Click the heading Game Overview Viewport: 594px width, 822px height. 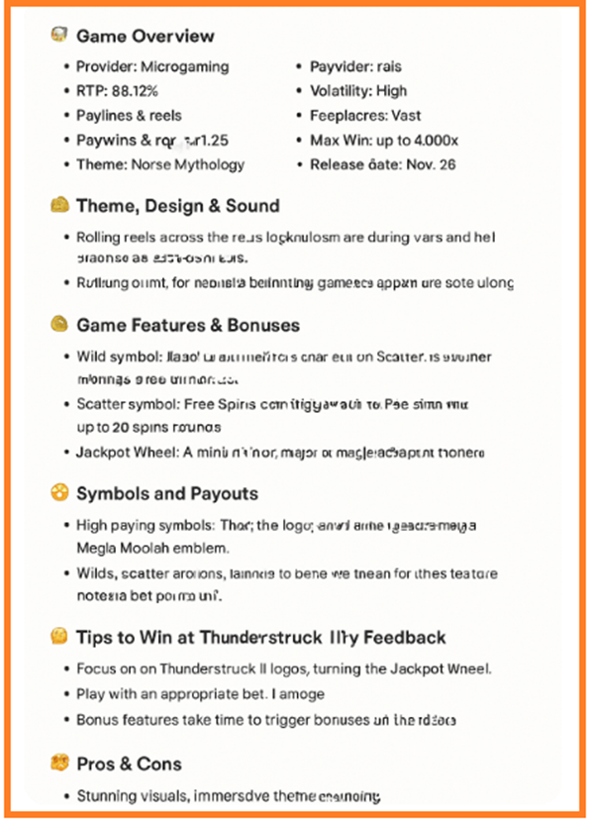[x=145, y=37]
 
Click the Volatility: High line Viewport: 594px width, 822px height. [x=358, y=91]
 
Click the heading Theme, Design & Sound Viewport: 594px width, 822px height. [x=178, y=206]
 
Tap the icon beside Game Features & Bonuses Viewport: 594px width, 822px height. [x=58, y=324]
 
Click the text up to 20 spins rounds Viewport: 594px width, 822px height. [x=148, y=428]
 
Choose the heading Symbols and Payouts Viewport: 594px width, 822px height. [x=167, y=493]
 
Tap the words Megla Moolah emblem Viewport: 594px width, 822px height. [x=156, y=549]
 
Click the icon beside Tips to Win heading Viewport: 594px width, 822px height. [x=58, y=637]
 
